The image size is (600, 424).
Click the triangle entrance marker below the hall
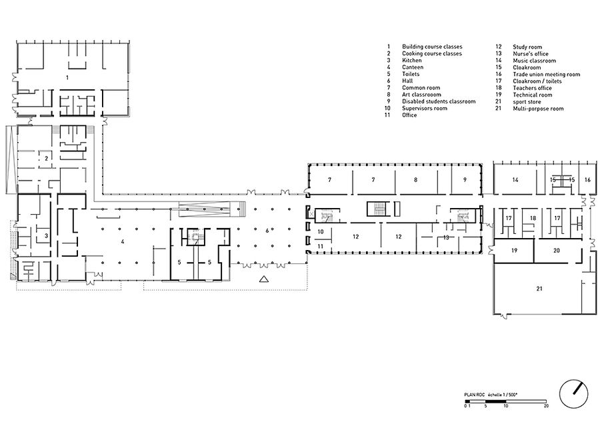click(263, 279)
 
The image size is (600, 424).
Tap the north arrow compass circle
click(574, 393)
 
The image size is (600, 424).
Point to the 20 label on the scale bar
click(546, 405)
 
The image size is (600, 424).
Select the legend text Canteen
click(413, 67)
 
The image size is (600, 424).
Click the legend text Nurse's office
click(531, 54)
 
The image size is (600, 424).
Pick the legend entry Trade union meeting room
click(547, 75)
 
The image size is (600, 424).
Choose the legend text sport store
click(527, 102)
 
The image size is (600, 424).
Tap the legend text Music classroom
click(534, 61)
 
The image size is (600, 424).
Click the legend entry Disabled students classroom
click(439, 101)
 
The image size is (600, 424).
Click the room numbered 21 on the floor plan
click(539, 289)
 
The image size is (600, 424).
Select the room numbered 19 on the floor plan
click(514, 251)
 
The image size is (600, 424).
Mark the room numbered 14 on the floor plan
click(515, 179)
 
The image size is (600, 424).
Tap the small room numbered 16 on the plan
click(587, 179)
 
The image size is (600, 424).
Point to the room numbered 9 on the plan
click(465, 179)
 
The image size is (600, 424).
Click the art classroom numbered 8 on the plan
click(416, 179)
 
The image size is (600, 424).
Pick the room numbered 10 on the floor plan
click(321, 231)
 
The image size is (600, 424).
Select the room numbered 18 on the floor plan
click(533, 218)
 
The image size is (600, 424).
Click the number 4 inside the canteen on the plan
click(123, 241)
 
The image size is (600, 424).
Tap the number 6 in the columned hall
click(267, 231)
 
